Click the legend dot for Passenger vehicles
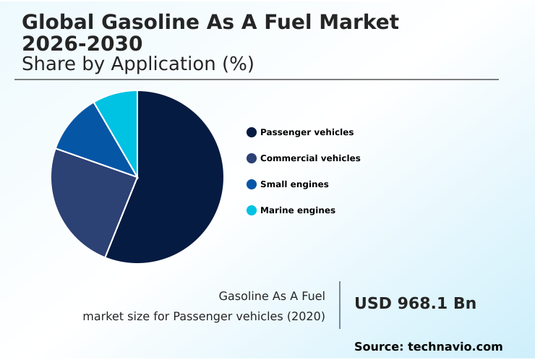point(252,132)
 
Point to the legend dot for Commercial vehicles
point(252,158)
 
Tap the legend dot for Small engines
point(252,184)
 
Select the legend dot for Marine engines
point(252,210)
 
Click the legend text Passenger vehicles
point(307,132)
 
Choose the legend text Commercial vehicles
point(310,158)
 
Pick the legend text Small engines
point(294,184)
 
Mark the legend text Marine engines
point(297,210)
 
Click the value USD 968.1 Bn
point(415,304)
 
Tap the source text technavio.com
point(455,347)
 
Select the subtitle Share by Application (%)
point(137,64)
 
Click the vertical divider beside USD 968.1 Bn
point(340,305)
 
